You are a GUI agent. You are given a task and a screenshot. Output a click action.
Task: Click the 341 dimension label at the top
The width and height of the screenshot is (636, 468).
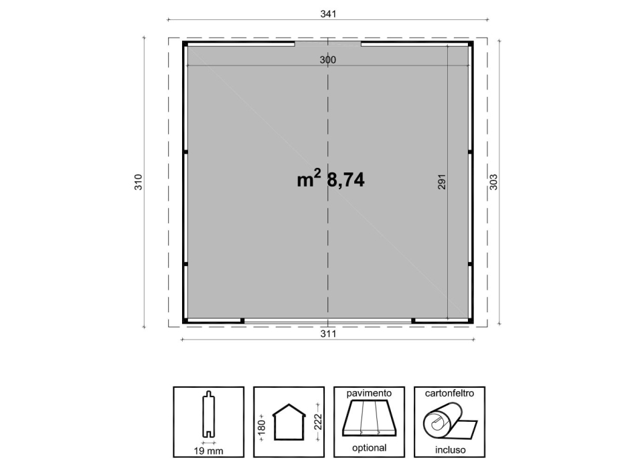328,14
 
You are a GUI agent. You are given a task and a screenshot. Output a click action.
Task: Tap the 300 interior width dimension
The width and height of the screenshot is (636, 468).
328,60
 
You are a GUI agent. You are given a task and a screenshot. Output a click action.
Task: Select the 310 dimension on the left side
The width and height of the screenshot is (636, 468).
139,182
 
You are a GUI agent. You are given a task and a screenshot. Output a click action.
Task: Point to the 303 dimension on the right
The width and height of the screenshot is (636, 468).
493,182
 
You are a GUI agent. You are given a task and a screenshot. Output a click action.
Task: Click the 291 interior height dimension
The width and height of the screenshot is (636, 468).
442,182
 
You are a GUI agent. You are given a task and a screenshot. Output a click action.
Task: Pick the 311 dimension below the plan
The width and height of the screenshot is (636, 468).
328,334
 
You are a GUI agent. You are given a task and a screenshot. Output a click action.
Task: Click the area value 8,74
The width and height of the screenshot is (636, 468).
345,180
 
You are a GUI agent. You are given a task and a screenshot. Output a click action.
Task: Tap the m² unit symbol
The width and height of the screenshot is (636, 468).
309,179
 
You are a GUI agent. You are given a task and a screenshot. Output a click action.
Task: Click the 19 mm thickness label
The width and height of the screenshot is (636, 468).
208,451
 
